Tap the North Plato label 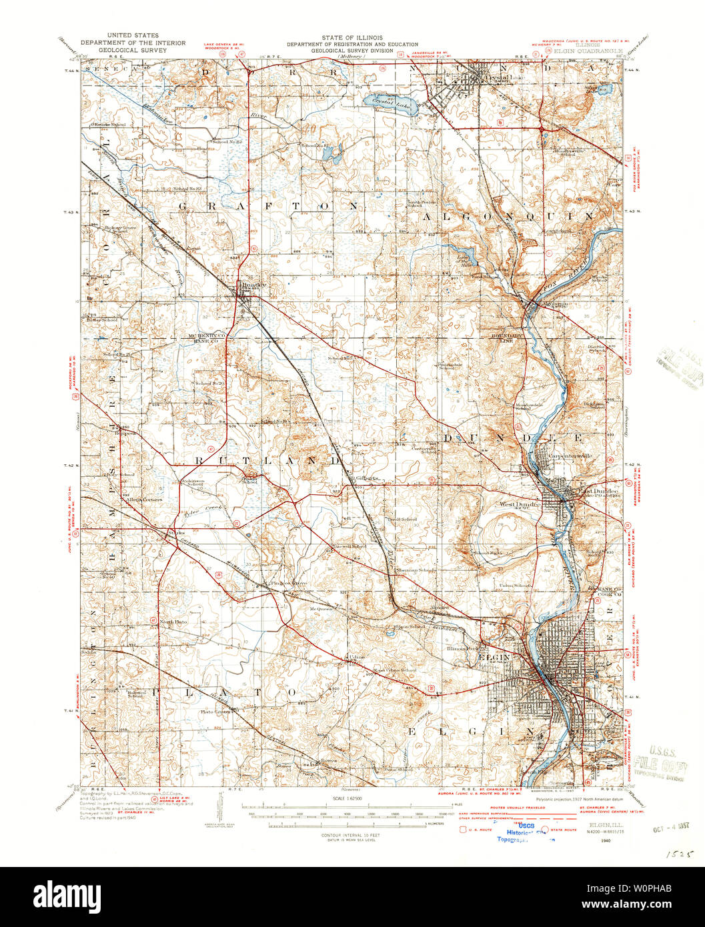173,622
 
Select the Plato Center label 219,712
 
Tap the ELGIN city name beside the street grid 494,657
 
